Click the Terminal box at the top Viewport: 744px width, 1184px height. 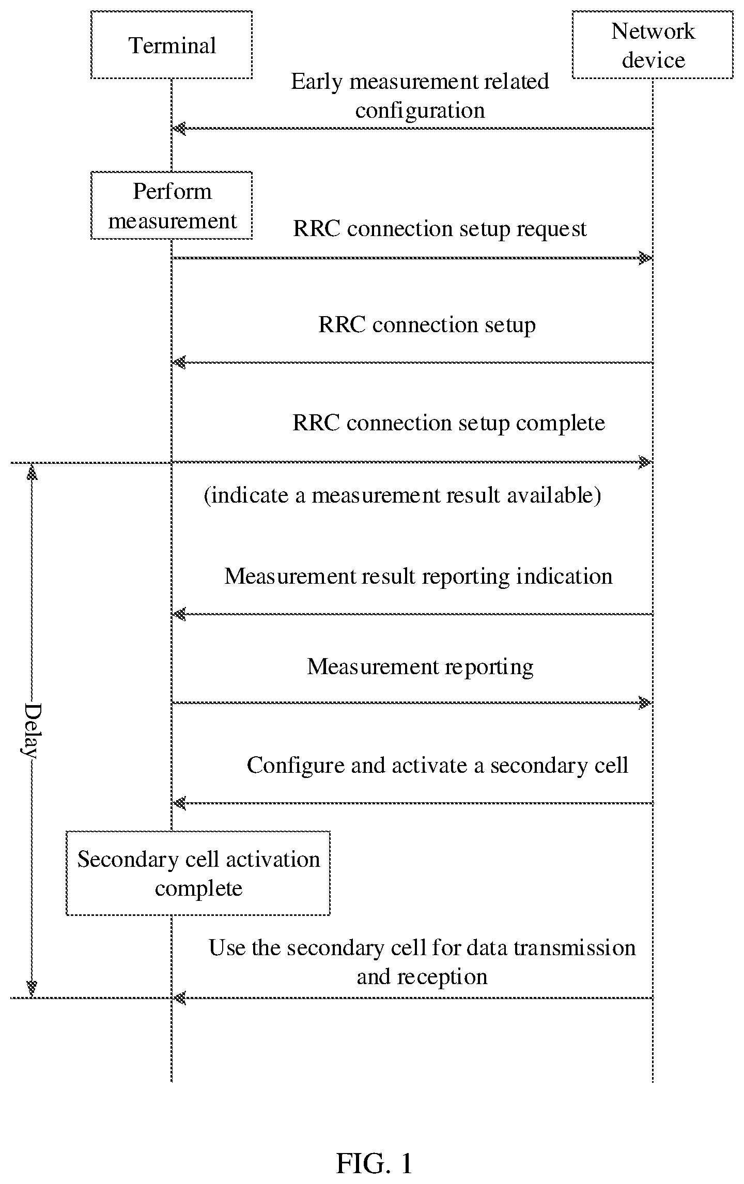click(172, 45)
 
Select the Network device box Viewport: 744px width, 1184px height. click(653, 45)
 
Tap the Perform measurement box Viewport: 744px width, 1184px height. click(172, 205)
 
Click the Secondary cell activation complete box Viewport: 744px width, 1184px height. click(198, 873)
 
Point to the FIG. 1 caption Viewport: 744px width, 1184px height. click(375, 1148)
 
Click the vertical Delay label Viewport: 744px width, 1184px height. click(32, 730)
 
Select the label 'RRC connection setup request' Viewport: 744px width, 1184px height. click(440, 229)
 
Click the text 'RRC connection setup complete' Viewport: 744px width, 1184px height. click(448, 423)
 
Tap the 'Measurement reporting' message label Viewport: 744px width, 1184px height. click(420, 667)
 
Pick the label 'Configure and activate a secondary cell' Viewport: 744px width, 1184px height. click(437, 765)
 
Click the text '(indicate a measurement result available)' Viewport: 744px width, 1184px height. click(402, 495)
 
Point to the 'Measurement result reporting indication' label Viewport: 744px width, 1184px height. click(419, 577)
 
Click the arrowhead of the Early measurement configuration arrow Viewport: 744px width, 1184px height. click(179, 128)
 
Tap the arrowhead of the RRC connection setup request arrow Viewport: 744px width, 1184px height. click(645, 258)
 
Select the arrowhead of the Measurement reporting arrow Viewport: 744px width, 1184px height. click(645, 703)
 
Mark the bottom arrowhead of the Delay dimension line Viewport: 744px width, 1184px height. click(32, 989)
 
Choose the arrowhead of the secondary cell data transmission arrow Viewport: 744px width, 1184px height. click(179, 998)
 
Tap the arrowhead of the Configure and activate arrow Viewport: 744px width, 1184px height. click(179, 803)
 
